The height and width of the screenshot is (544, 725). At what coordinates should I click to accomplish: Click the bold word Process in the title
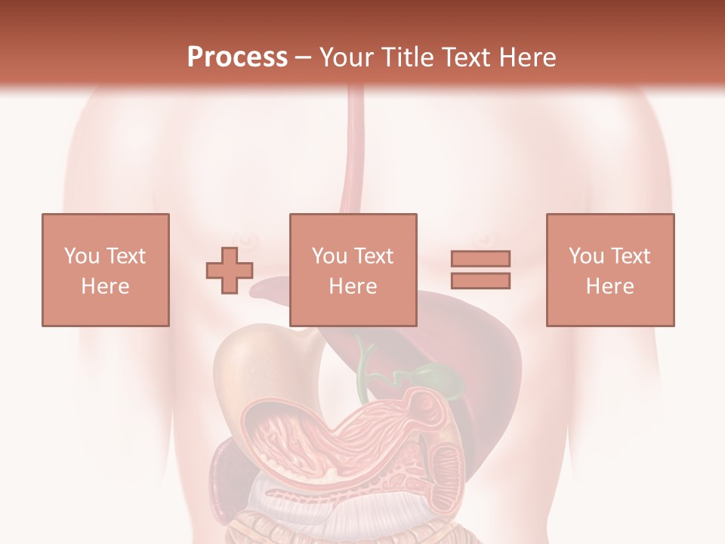(x=237, y=57)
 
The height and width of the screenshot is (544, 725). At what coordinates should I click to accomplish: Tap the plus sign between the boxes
(x=230, y=270)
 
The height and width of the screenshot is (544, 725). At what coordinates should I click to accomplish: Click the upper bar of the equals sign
(x=480, y=258)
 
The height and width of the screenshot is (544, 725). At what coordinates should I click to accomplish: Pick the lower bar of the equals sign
(x=480, y=281)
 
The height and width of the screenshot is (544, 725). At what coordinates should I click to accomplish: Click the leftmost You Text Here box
(x=106, y=270)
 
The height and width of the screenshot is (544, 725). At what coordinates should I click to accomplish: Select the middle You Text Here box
(x=353, y=270)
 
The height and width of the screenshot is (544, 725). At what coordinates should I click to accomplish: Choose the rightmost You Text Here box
(x=610, y=270)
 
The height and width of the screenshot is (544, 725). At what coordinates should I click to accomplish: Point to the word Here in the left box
(x=106, y=286)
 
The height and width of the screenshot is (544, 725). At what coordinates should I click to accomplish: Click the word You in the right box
(x=586, y=256)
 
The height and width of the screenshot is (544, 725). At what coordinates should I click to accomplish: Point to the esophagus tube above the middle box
(x=353, y=151)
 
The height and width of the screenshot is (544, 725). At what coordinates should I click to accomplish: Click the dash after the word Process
(x=304, y=57)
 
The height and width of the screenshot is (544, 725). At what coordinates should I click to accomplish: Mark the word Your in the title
(x=345, y=57)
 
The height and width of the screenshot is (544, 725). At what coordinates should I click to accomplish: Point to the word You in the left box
(x=81, y=256)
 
